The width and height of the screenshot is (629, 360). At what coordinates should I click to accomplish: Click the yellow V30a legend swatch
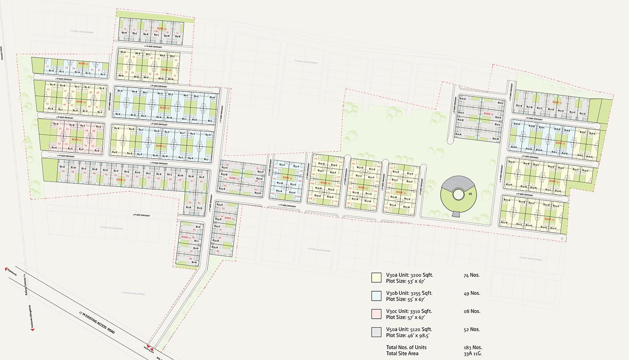376,277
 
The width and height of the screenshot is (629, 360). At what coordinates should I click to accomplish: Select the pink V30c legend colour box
376,313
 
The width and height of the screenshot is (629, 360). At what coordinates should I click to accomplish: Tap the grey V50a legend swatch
376,332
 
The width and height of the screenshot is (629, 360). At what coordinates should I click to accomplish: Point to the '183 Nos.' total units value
472,347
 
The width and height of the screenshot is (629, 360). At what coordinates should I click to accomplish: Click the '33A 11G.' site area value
473,354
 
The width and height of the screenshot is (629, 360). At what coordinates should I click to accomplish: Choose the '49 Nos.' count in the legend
471,293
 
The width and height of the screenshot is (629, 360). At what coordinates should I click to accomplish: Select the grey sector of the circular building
456,182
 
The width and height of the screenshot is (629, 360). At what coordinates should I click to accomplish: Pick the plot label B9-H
124,34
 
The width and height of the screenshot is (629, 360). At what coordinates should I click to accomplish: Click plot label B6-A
120,91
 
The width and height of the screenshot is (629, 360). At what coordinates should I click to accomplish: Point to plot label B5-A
53,85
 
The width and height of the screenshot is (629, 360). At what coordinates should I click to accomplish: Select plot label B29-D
320,164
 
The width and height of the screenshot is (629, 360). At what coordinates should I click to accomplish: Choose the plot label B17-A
519,106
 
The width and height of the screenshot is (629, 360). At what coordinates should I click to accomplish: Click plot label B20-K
504,222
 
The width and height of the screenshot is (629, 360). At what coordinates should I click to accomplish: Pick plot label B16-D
463,99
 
